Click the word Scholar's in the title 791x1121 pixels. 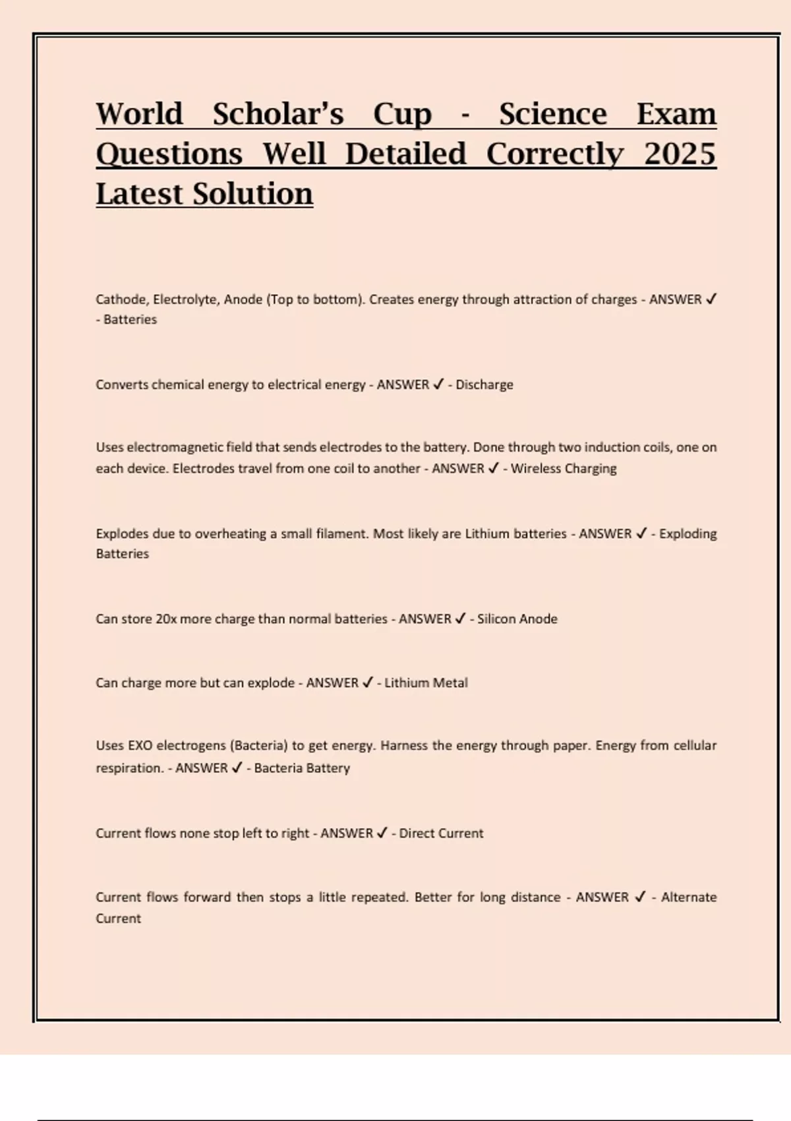point(278,114)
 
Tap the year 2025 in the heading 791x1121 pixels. point(680,154)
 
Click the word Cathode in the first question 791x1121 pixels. point(122,299)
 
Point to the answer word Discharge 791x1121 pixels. point(484,384)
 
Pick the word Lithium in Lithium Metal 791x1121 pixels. point(405,682)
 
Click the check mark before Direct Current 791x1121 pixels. point(382,833)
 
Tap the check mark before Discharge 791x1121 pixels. point(438,384)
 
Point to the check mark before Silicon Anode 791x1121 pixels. point(460,619)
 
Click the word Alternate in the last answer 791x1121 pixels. point(689,897)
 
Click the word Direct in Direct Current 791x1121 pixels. point(417,833)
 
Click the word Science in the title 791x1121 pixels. point(552,114)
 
